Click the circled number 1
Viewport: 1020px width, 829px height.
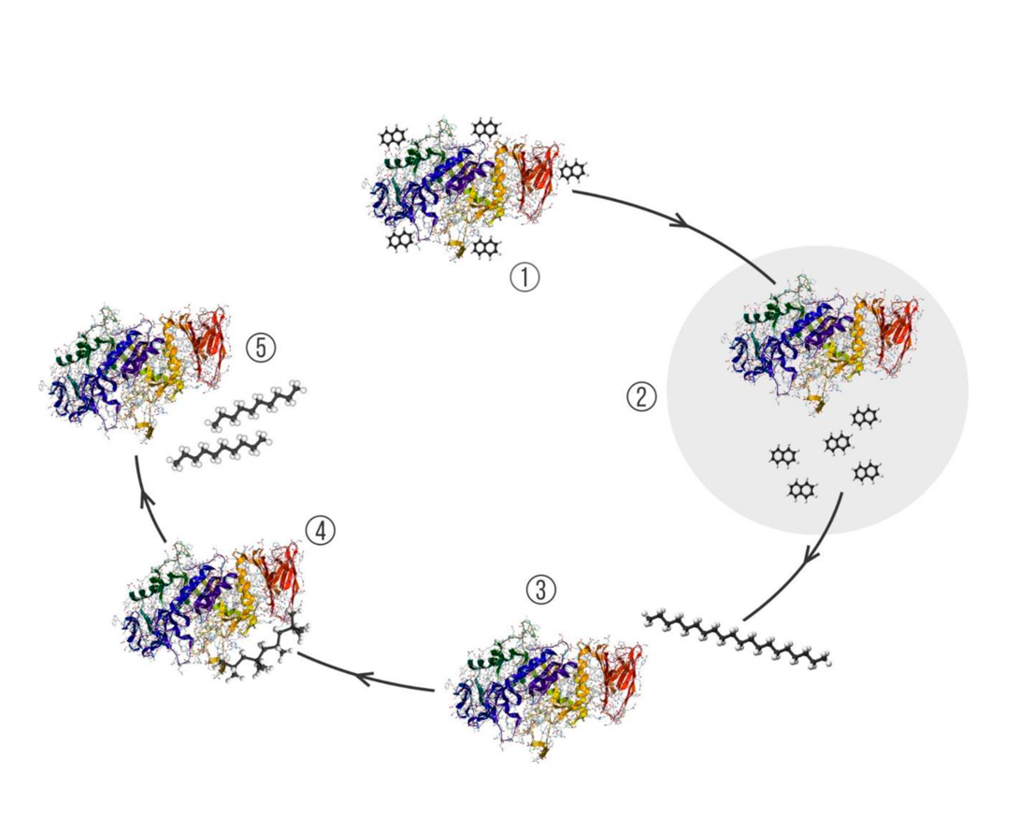point(524,277)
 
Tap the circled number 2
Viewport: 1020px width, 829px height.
point(641,396)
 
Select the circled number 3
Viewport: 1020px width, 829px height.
point(540,589)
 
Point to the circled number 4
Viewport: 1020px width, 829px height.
point(319,531)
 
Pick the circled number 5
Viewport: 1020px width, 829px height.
point(261,348)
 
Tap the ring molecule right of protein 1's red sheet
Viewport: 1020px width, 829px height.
point(573,171)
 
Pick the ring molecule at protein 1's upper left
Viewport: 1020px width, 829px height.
point(393,138)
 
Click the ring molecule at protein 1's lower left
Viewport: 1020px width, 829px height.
point(401,239)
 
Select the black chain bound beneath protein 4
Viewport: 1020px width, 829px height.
point(271,650)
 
